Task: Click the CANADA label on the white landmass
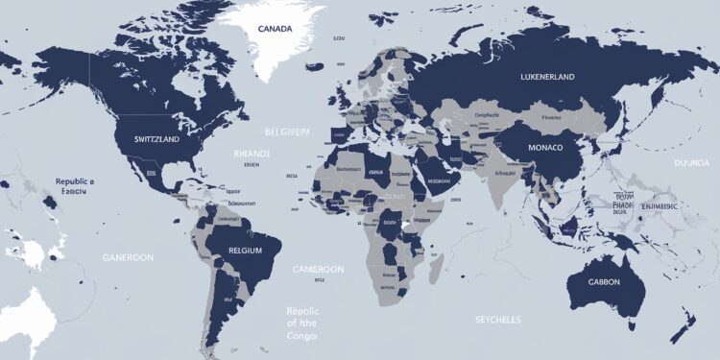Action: (275, 29)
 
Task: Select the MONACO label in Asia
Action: (550, 149)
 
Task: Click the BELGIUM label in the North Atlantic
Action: (287, 131)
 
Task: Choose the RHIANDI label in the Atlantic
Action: (252, 153)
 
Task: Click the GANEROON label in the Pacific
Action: (128, 259)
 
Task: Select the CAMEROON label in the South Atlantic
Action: (317, 270)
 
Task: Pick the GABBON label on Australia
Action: (599, 282)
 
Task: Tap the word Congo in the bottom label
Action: (303, 337)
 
